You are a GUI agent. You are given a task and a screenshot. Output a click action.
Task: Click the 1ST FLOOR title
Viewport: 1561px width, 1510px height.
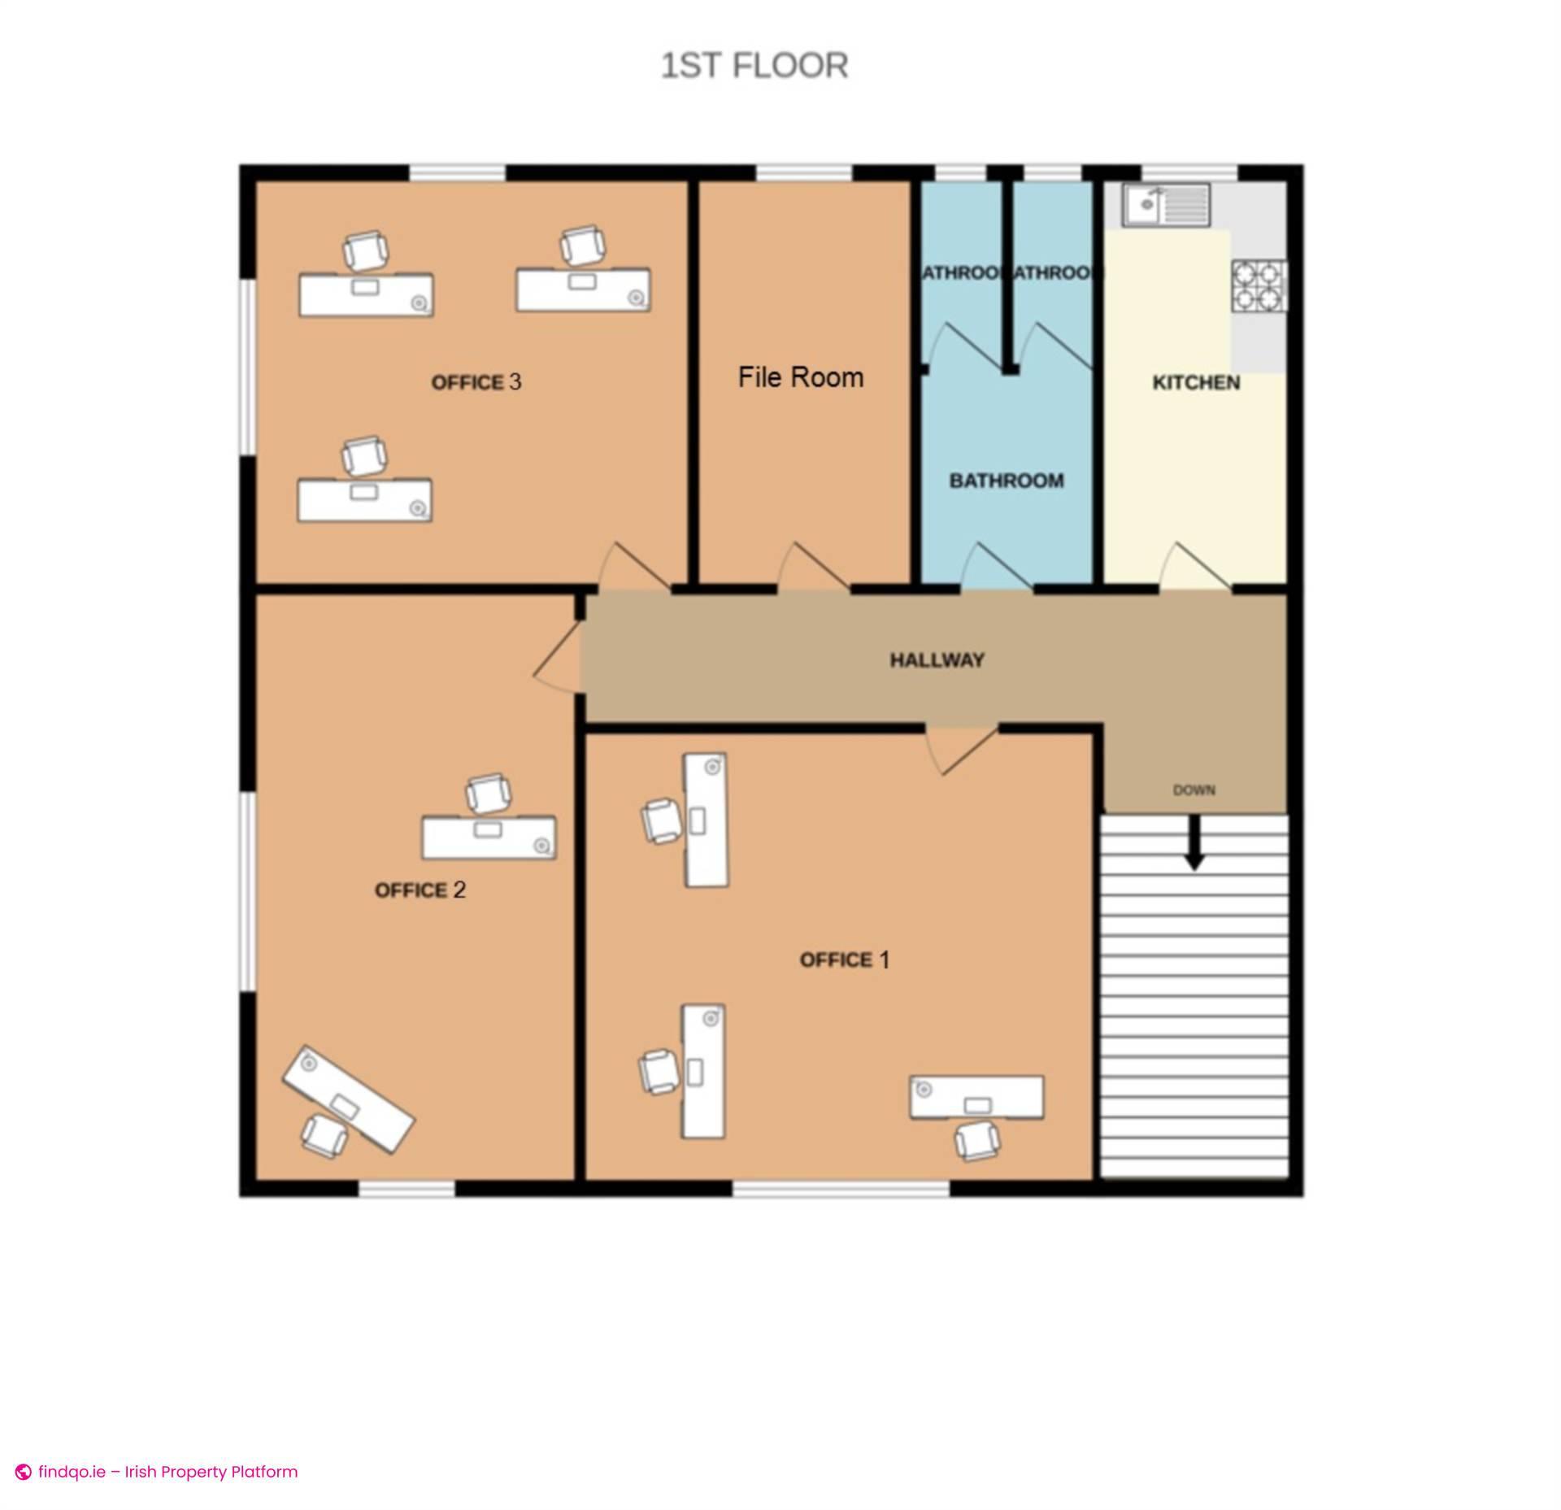[x=754, y=66]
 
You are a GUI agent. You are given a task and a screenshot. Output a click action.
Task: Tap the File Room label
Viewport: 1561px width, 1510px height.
[x=800, y=377]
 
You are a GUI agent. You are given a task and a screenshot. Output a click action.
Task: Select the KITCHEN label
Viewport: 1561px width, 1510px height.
[x=1196, y=383]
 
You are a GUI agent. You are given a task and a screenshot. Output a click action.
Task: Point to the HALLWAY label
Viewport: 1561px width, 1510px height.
[x=937, y=660]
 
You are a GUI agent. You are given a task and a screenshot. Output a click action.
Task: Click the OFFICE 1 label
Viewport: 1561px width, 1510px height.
[x=844, y=960]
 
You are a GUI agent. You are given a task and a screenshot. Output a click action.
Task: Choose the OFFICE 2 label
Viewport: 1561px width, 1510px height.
[x=420, y=890]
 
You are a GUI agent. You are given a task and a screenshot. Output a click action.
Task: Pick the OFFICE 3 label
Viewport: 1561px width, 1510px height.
[x=476, y=382]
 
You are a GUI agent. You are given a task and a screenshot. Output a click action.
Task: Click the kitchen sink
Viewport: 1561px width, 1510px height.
[x=1167, y=204]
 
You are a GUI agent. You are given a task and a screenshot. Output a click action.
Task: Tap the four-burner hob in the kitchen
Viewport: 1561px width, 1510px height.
[x=1259, y=285]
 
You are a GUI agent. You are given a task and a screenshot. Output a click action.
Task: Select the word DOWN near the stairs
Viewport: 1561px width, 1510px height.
[x=1194, y=790]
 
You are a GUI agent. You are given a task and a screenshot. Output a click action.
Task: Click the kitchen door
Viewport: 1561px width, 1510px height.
[x=1195, y=567]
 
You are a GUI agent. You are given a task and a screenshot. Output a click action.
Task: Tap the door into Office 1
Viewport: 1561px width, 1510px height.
[x=963, y=749]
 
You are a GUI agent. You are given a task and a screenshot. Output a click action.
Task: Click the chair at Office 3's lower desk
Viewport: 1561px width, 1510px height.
[x=363, y=455]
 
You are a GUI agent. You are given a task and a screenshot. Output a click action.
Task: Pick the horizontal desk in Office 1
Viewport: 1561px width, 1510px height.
[x=976, y=1098]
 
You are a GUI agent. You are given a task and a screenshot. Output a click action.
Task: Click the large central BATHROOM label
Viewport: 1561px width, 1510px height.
[x=1007, y=481]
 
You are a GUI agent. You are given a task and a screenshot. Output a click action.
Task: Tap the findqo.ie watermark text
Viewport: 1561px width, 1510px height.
[x=167, y=1472]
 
